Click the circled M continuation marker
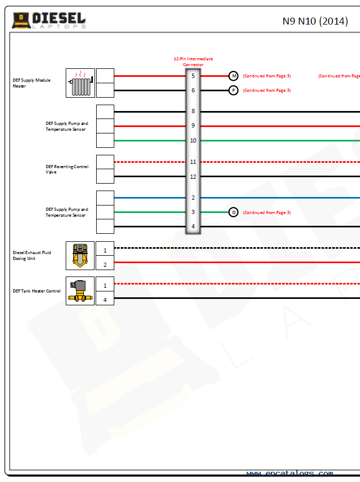point(233,76)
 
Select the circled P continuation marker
point(233,90)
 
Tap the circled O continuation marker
point(233,212)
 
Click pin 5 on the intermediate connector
point(193,76)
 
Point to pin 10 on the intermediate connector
point(193,140)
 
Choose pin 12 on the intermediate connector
point(193,176)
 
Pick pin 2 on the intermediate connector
point(193,197)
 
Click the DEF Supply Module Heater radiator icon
point(80,83)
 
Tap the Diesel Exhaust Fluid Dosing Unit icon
point(80,255)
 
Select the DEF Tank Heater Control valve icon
point(80,291)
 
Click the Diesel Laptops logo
point(49,21)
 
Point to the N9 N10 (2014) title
point(315,21)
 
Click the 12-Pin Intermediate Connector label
point(193,61)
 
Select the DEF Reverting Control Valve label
point(67,169)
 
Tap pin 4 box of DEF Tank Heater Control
point(105,300)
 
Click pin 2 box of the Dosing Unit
point(105,265)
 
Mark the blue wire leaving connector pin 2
point(278,197)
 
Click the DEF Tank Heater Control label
point(37,291)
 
